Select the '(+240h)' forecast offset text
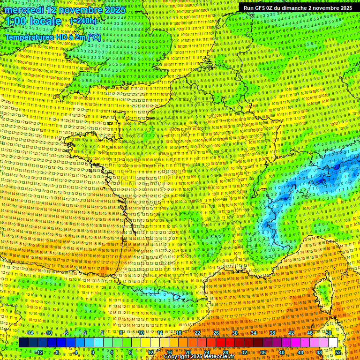point(83,21)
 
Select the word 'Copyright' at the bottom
point(177,356)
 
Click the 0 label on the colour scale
point(93,352)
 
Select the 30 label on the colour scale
point(235,333)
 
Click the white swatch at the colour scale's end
point(333,343)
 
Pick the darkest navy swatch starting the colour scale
point(23,343)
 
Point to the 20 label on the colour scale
point(187,352)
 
